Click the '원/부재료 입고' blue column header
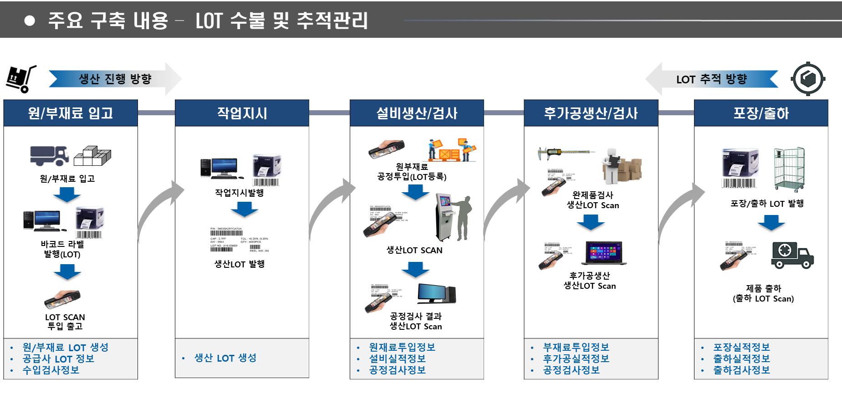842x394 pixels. click(71, 113)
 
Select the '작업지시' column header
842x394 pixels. click(242, 113)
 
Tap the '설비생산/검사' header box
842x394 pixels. click(416, 113)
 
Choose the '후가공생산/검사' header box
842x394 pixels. click(591, 113)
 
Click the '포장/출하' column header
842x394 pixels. click(760, 113)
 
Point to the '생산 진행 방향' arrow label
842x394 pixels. click(115, 79)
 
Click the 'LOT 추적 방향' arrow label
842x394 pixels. click(711, 79)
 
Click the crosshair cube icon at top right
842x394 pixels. click(808, 79)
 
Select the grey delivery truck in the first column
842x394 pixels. click(49, 155)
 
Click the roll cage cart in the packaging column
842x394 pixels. click(789, 168)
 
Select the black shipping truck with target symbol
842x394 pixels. click(792, 255)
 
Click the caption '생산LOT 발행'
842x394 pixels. click(240, 264)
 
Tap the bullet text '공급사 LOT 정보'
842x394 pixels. click(58, 359)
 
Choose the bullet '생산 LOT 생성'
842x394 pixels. click(225, 358)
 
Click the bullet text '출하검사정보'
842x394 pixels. click(741, 370)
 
